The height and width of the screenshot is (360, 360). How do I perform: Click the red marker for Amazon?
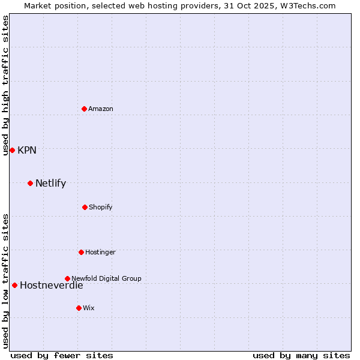84,109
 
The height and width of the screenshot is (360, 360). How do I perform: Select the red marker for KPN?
12,150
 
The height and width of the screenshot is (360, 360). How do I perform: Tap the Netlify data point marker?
30,183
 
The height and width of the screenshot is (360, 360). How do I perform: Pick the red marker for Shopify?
85,207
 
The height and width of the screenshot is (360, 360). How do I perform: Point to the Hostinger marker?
81,252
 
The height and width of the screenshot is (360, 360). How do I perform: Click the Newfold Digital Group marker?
67,278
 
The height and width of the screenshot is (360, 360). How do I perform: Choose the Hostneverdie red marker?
14,285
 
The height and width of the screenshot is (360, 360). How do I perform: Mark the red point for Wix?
79,308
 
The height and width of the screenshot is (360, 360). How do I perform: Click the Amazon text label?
101,109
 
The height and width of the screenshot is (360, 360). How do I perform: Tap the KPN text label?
27,150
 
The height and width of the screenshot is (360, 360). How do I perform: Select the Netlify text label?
50,184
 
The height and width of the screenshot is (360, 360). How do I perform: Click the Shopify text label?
101,207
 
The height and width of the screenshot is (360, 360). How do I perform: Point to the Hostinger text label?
100,252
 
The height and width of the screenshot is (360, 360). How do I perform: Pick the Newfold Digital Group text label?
106,278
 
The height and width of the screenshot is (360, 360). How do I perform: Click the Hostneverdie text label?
52,286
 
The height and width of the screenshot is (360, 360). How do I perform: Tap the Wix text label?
89,308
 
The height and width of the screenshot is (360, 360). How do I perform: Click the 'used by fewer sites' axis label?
62,355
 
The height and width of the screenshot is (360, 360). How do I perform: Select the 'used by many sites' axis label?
301,355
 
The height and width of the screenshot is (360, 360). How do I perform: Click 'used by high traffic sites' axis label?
5,85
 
